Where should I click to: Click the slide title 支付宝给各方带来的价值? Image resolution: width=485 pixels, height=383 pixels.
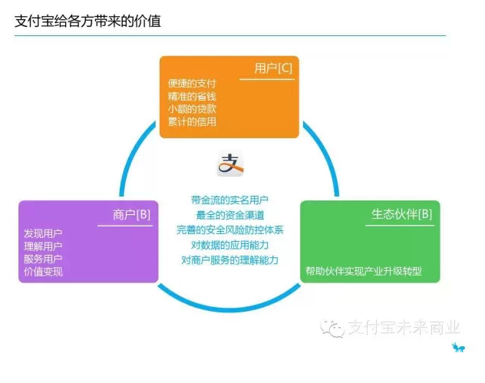[87, 21]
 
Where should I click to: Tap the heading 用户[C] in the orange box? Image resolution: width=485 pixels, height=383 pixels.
[273, 69]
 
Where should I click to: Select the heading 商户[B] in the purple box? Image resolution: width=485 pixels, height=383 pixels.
[131, 214]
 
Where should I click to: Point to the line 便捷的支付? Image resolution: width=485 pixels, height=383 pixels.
[192, 83]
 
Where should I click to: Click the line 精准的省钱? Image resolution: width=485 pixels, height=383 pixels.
[192, 96]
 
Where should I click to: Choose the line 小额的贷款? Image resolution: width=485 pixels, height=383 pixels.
[192, 108]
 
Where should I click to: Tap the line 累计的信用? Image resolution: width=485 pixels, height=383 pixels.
[192, 121]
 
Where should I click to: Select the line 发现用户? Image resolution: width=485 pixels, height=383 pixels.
[44, 233]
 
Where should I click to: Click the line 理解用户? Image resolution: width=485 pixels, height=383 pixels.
[44, 246]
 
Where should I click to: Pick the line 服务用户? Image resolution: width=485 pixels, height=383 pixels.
[44, 259]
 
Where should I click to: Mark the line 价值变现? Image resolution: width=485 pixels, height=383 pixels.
[44, 272]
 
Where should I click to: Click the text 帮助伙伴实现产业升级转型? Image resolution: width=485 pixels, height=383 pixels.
[364, 271]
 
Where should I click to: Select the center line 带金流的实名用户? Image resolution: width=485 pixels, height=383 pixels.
[230, 200]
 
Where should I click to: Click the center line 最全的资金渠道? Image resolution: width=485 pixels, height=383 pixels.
[230, 215]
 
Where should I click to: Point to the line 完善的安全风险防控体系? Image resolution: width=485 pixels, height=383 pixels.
[230, 229]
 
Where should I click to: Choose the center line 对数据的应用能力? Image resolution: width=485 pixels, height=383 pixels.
[230, 245]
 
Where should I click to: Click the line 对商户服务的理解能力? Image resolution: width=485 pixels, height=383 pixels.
[230, 260]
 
